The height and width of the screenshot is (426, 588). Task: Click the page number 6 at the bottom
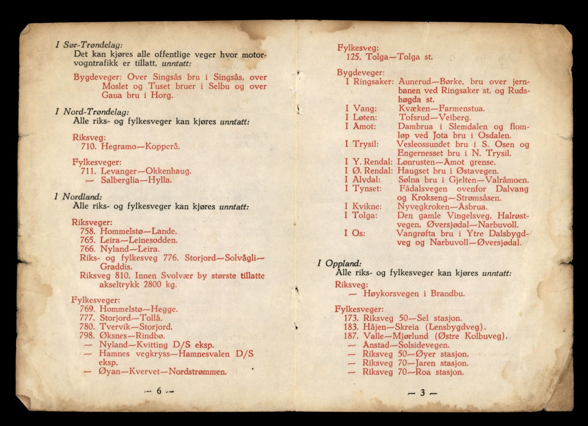(x=159, y=391)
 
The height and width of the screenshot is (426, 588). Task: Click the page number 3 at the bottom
(x=422, y=393)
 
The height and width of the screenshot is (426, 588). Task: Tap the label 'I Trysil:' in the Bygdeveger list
(x=362, y=144)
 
